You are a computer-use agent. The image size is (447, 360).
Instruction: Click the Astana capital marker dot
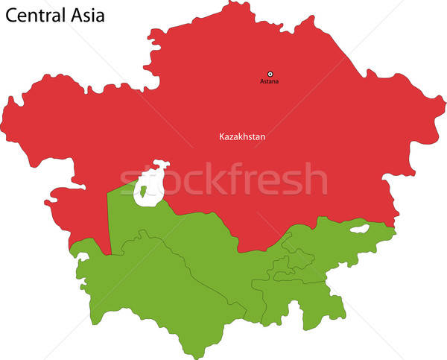point(270,74)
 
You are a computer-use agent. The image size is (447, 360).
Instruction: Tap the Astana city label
point(270,81)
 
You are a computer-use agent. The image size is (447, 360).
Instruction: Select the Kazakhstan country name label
point(242,137)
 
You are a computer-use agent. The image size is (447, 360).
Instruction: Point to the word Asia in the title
point(88,14)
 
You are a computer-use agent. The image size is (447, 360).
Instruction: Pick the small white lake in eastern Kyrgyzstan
point(359,229)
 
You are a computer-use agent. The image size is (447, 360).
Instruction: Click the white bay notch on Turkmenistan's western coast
point(81,257)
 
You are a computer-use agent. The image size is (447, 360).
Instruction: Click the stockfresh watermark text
point(223,179)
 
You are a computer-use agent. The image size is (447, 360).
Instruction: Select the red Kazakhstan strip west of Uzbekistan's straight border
point(93,224)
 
